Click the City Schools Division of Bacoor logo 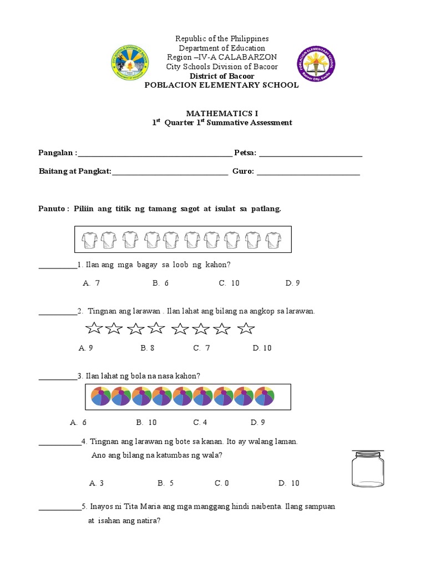coord(134,62)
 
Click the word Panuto coord(52,209)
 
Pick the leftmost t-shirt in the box coord(89,240)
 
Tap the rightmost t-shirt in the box coord(272,240)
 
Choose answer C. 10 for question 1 coord(229,283)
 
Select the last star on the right coord(246,329)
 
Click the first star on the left coord(94,329)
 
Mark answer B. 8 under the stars coord(148,348)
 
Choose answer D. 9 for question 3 coord(258,423)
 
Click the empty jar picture coord(367,468)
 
